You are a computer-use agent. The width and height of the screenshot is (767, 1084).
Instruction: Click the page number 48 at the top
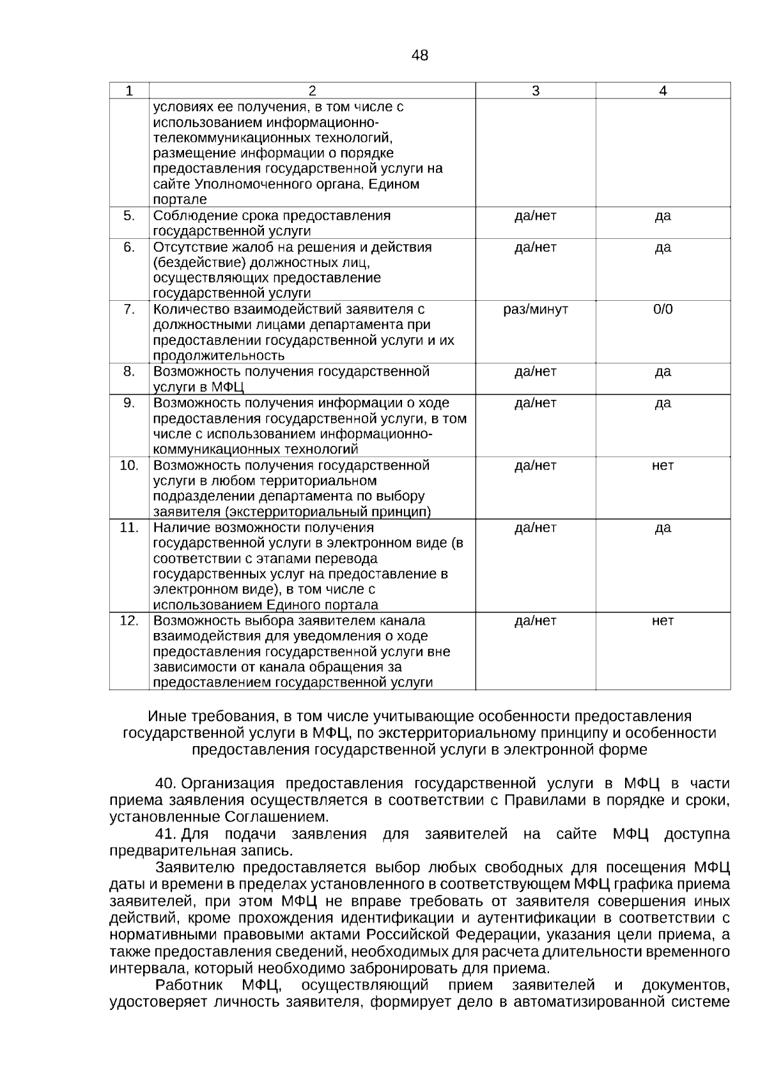(420, 56)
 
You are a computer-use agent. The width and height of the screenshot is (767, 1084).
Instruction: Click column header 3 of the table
(536, 91)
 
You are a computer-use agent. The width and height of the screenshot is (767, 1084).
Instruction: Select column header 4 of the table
(663, 91)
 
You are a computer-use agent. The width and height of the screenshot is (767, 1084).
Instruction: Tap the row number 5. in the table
(129, 215)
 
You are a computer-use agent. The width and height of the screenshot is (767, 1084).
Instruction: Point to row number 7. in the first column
(129, 309)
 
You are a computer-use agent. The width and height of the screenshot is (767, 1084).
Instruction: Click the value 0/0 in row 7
(663, 309)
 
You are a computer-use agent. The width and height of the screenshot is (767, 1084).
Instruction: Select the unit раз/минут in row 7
(536, 309)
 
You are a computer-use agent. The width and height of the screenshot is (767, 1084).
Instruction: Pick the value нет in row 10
(663, 465)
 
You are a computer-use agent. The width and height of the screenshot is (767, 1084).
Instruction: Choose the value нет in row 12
(663, 620)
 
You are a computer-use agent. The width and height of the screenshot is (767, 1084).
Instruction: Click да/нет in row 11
(536, 527)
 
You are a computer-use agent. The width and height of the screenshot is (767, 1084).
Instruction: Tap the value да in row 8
(663, 371)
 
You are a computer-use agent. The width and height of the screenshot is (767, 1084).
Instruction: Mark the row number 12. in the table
(129, 620)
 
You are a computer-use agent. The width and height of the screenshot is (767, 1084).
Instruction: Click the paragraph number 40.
(166, 783)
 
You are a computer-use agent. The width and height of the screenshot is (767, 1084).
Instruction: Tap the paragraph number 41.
(166, 834)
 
